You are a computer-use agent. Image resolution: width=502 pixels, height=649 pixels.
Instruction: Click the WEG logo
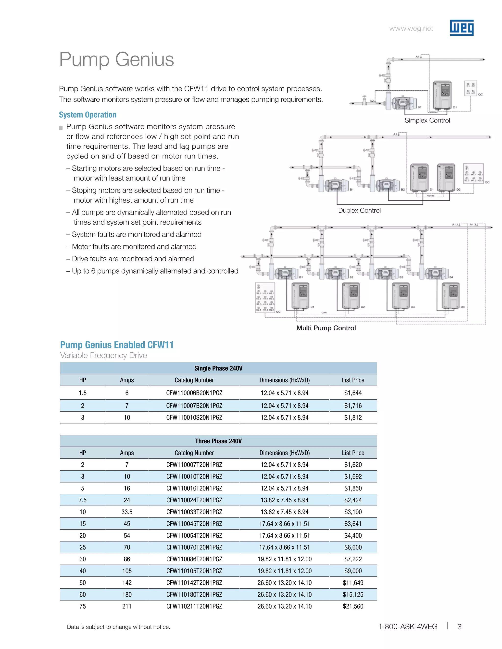461,28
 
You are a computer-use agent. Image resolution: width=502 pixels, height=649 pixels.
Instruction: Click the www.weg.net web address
411,28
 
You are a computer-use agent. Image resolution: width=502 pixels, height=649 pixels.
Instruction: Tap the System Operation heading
88,115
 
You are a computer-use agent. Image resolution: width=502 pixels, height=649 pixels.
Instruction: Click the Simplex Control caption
427,120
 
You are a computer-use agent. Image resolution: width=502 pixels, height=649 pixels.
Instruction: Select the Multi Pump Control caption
326,328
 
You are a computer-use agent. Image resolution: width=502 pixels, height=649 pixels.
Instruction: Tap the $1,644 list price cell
353,393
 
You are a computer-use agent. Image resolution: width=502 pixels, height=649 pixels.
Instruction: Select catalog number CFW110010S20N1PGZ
194,418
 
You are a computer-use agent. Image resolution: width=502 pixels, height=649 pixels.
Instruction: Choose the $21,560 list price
353,606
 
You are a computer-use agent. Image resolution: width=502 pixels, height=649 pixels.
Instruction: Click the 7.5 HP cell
82,500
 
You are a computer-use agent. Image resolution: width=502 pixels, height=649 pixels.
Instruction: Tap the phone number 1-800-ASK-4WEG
407,627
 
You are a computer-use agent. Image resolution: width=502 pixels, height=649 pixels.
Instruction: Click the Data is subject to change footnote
118,627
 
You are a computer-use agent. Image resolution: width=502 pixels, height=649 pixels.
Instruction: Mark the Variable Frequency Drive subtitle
103,355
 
